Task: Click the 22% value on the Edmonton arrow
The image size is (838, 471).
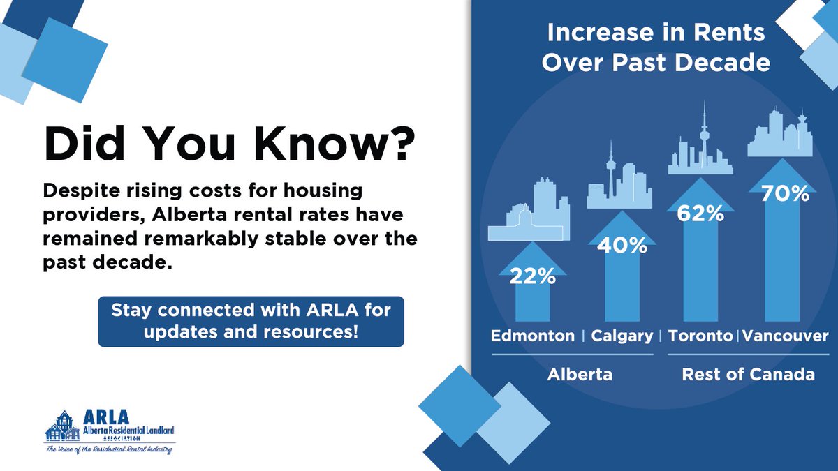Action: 532,277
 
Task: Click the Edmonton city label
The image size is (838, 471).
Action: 533,336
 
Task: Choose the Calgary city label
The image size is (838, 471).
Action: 622,336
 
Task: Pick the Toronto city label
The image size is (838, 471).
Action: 700,336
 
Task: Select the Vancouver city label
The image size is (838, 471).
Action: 785,336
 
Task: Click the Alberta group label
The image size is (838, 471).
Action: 580,375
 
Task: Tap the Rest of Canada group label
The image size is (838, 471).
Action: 748,375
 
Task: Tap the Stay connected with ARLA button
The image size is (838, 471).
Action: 251,320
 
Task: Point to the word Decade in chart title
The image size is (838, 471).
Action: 727,63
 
